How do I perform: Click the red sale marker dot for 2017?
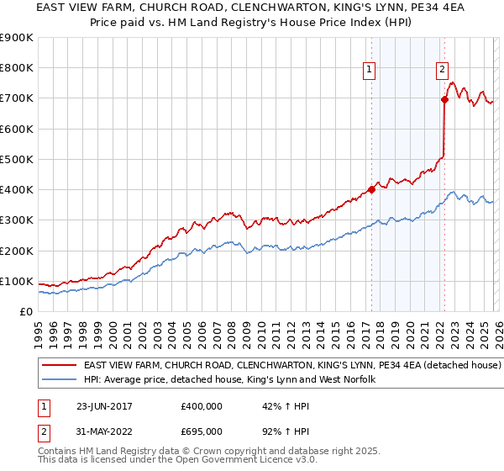tap(371, 190)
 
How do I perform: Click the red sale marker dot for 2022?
tap(444, 100)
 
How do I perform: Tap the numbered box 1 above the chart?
tap(370, 71)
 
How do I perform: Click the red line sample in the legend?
tap(59, 366)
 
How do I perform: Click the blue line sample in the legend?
tap(59, 380)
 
